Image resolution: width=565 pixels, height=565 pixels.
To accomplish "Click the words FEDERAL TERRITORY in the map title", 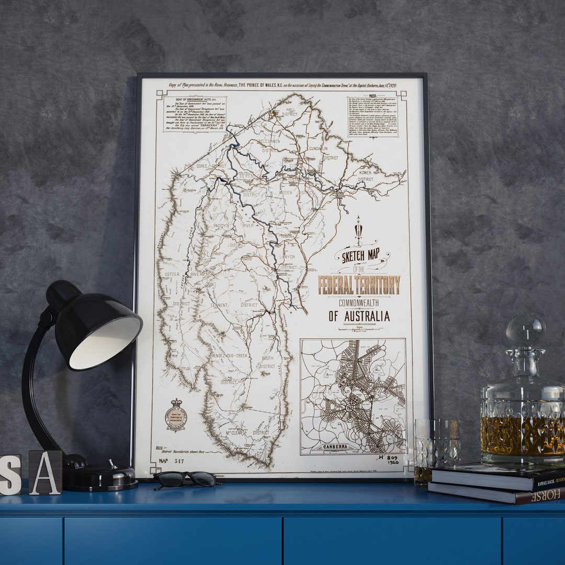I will (x=359, y=285).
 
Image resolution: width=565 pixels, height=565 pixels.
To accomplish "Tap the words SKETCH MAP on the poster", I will (x=360, y=257).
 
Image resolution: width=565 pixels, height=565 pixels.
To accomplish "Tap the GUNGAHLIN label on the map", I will (x=318, y=149).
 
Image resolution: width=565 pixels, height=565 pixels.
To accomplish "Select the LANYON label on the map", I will (x=287, y=257).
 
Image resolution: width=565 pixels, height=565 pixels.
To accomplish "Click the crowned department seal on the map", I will (x=176, y=416).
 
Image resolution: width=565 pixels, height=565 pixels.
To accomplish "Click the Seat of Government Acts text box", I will (x=194, y=113).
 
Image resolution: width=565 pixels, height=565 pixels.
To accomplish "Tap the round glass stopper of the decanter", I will (x=525, y=330).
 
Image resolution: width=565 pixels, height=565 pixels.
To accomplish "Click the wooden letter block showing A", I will (x=46, y=472).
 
